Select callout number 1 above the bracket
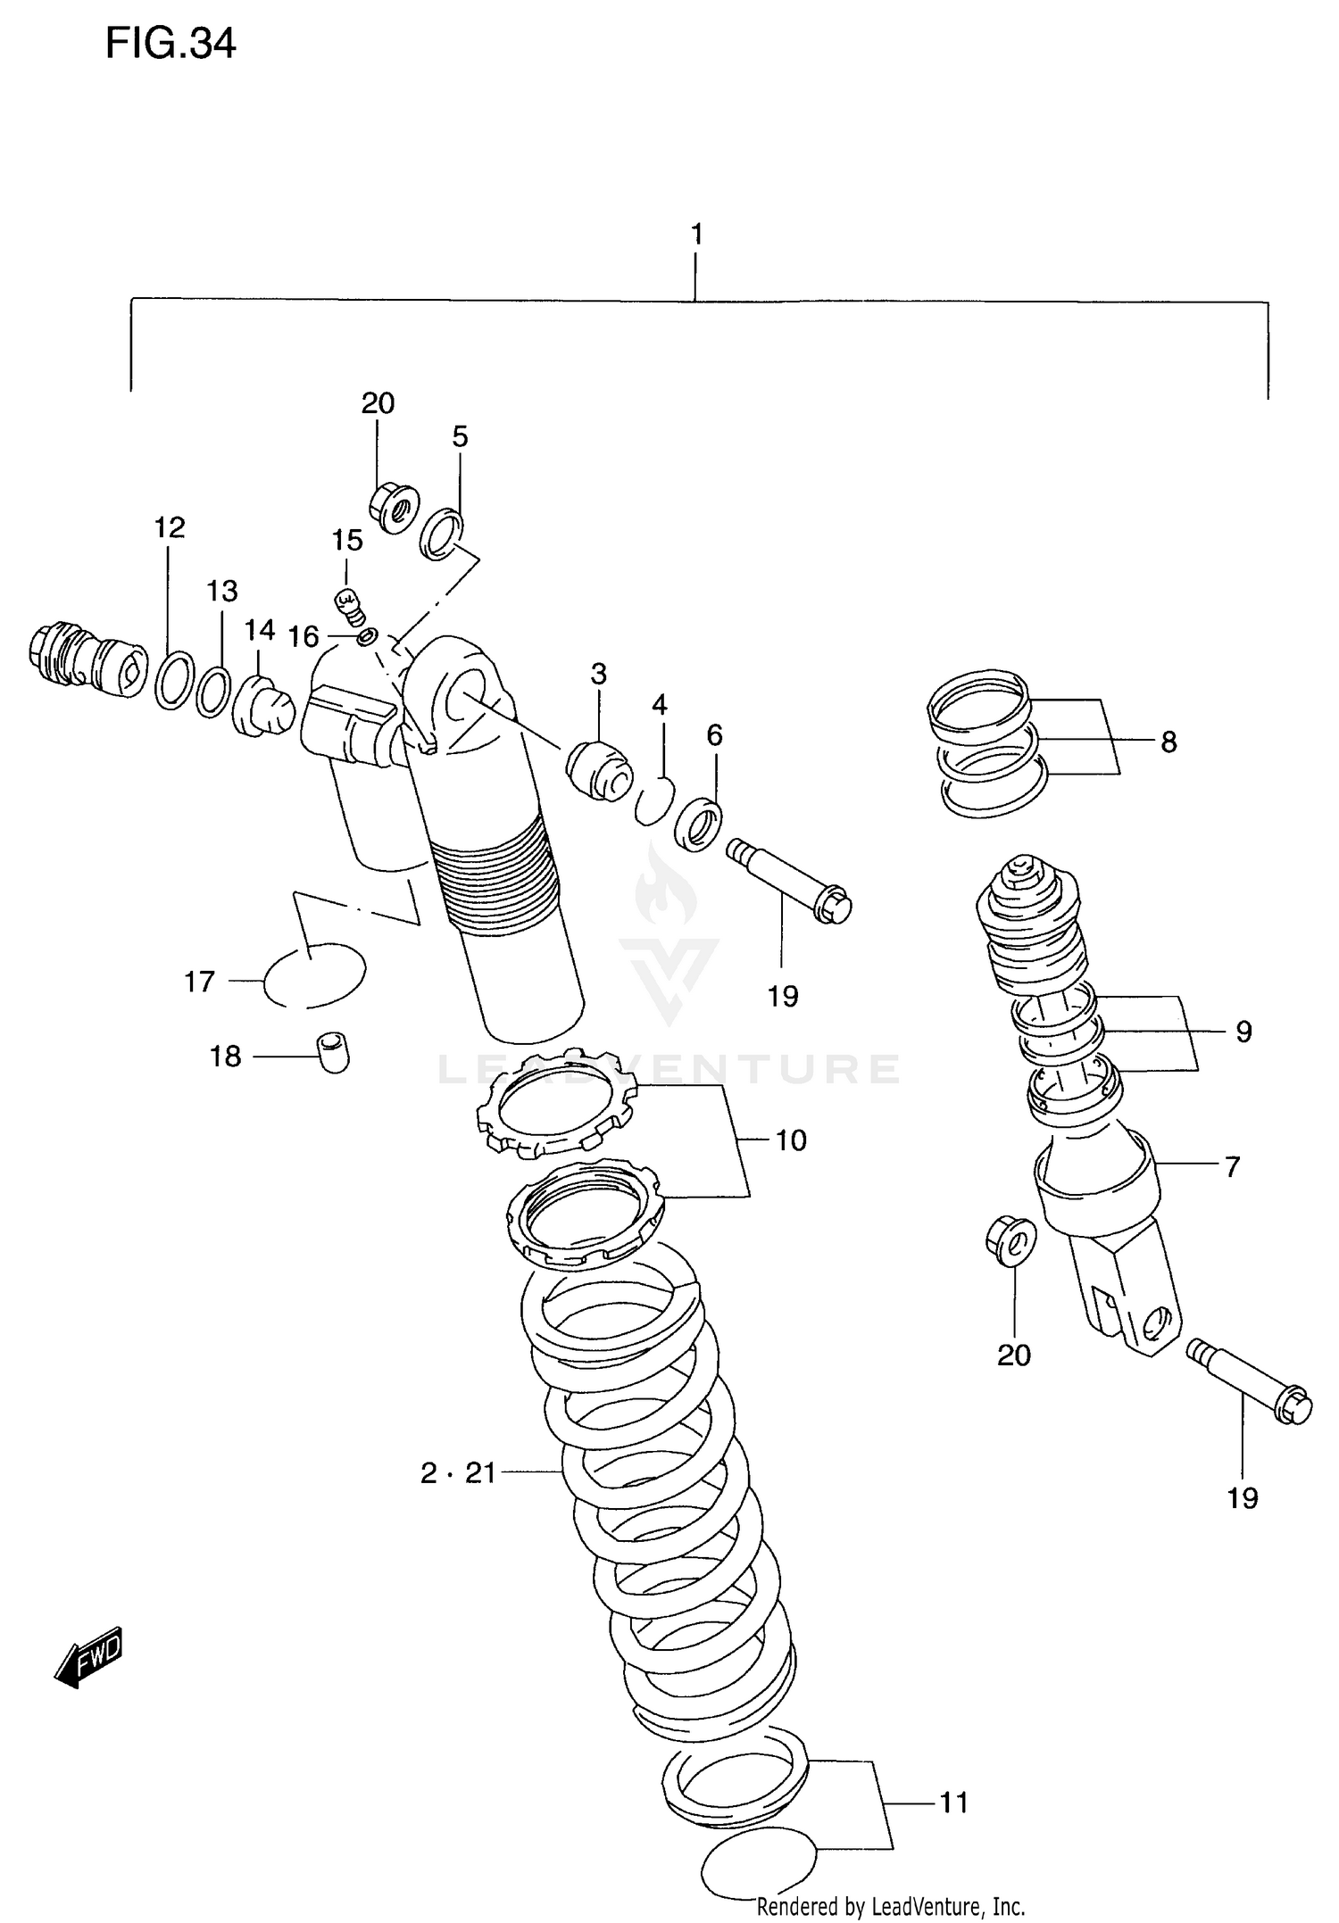pos(696,235)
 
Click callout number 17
pos(200,982)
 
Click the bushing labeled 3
pos(598,770)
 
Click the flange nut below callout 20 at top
pos(394,507)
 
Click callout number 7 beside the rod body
pos(1232,1166)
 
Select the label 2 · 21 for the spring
pos(458,1472)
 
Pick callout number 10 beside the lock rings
pos(791,1140)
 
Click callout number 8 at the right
pos(1169,742)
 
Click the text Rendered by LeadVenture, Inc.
pos(890,1907)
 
